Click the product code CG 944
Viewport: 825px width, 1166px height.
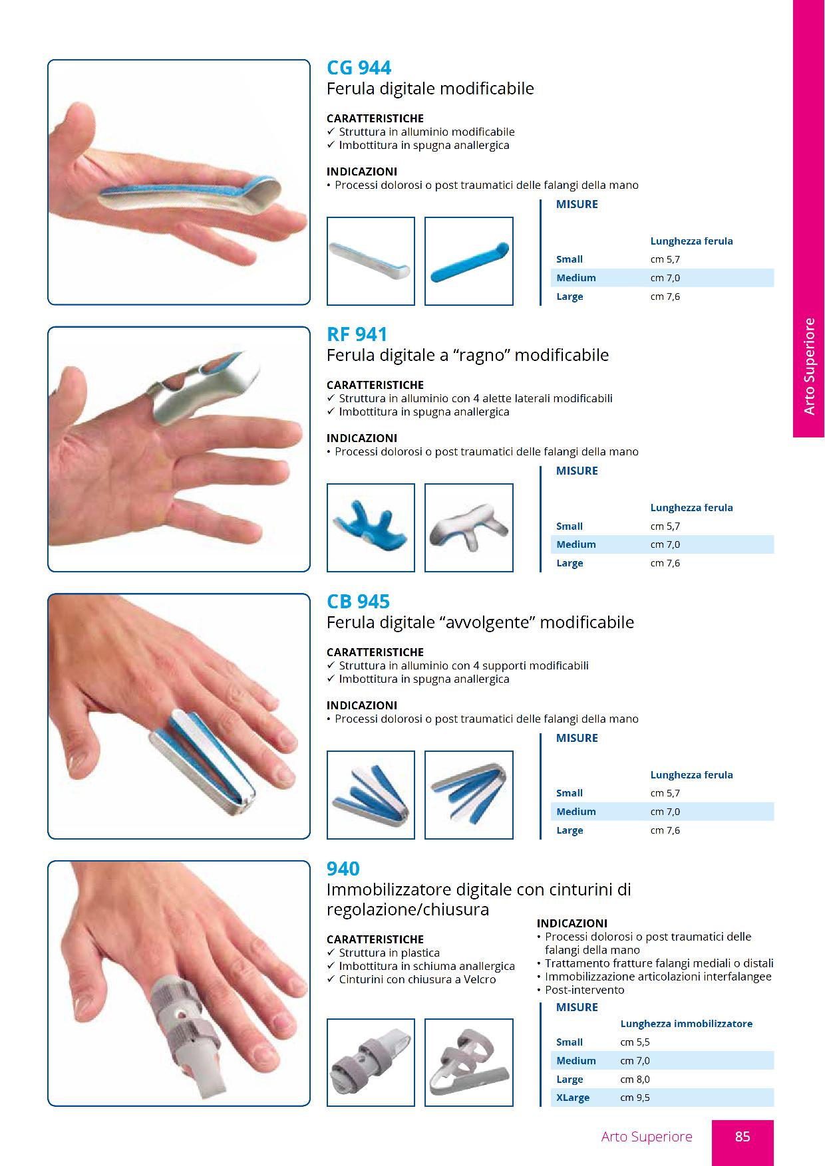[359, 68]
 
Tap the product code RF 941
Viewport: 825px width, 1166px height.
[357, 334]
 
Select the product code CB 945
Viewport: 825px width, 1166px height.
[358, 602]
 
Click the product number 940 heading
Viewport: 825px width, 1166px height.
[343, 869]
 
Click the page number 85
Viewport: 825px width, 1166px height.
[742, 1137]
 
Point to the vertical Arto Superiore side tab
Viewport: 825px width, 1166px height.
[809, 366]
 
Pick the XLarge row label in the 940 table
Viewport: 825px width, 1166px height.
[573, 1098]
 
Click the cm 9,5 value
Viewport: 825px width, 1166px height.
[635, 1098]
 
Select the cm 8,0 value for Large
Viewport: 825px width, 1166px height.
[635, 1080]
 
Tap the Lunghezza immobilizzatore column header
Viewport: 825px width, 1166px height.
[686, 1024]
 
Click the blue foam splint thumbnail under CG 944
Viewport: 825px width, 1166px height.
[469, 261]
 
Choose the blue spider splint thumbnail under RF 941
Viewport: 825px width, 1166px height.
[371, 528]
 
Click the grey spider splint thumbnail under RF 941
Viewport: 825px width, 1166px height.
[469, 528]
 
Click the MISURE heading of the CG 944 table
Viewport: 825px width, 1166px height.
[577, 205]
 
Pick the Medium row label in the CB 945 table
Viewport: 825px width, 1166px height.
[576, 812]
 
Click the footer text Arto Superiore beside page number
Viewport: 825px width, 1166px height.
[647, 1137]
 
